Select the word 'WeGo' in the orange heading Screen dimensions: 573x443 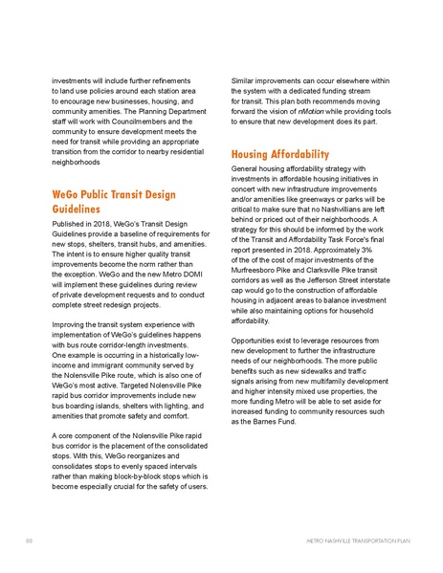pos(68,196)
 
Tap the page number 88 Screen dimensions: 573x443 pos(30,541)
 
